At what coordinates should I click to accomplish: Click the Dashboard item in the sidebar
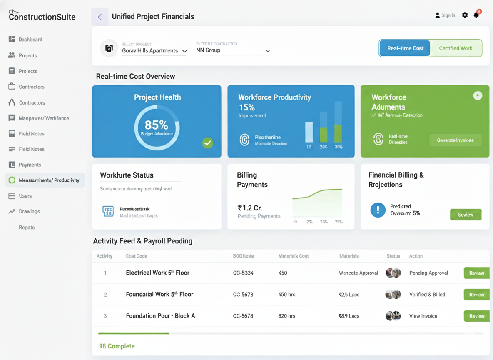pos(30,40)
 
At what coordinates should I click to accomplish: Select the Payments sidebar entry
pos(30,165)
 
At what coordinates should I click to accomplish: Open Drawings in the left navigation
pos(29,211)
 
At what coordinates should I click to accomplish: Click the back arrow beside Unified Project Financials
pos(100,17)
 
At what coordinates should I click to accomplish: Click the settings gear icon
pos(465,15)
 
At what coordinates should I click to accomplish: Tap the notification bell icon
pos(476,15)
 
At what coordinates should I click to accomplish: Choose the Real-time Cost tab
pos(405,48)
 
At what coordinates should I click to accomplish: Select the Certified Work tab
pos(456,48)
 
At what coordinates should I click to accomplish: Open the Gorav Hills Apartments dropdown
pos(154,51)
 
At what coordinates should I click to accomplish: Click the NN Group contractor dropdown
pos(233,50)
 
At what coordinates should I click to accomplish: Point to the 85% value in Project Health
pos(157,125)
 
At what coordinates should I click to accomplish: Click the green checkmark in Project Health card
pos(207,143)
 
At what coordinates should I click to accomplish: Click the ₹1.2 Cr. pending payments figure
pos(250,208)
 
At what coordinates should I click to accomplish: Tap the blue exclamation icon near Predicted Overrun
pos(378,210)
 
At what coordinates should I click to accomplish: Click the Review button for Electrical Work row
pos(476,273)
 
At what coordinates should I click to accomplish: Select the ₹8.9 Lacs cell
pos(349,316)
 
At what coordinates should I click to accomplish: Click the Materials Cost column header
pos(294,256)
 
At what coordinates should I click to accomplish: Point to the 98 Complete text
pos(117,346)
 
